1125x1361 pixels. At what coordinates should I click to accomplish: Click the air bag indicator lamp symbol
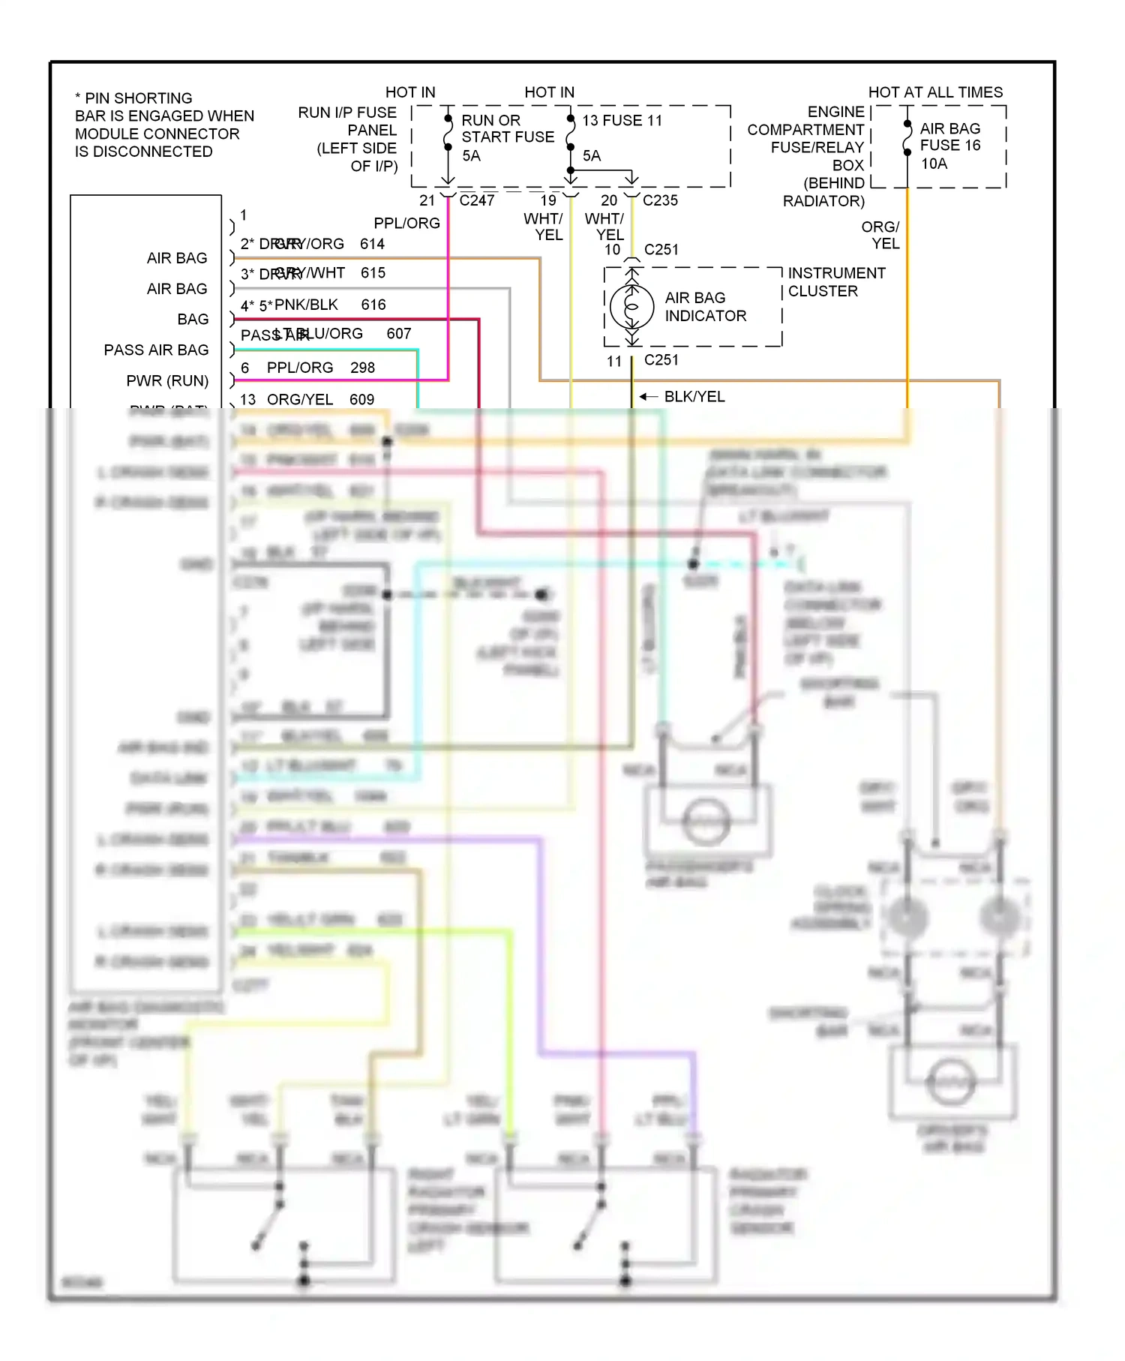[631, 306]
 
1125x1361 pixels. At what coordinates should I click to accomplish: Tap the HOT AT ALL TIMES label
[934, 92]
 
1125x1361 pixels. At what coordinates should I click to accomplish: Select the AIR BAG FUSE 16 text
[949, 137]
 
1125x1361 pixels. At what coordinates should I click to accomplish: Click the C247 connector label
[476, 200]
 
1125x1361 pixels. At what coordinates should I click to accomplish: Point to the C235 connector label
[660, 200]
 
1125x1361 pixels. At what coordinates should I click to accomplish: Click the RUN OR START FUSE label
[507, 129]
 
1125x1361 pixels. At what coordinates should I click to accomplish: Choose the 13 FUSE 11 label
[622, 121]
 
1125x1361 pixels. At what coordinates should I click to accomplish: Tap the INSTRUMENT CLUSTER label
[835, 282]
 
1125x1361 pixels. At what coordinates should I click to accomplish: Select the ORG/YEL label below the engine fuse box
[881, 235]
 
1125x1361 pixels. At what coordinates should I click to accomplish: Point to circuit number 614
[372, 244]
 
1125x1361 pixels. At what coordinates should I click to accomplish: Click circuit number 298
[362, 368]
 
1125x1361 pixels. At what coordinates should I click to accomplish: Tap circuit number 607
[398, 334]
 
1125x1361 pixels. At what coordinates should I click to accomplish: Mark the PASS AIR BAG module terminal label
[156, 350]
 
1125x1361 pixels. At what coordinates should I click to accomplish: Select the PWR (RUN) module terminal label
[167, 381]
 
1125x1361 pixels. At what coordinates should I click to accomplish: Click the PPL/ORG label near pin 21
[406, 224]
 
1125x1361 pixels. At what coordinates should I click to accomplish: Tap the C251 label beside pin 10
[661, 249]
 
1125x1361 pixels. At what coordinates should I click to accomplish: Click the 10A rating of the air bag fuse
[934, 164]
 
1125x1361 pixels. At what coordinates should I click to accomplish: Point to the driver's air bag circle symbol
[951, 1081]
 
